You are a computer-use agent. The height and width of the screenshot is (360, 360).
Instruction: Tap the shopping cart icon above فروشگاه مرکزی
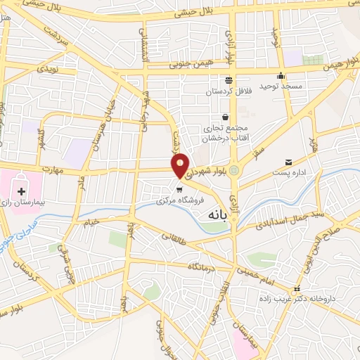(180, 188)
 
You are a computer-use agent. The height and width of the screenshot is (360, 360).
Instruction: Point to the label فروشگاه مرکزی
(181, 199)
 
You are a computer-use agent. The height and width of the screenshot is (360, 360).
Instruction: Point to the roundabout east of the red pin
(235, 169)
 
